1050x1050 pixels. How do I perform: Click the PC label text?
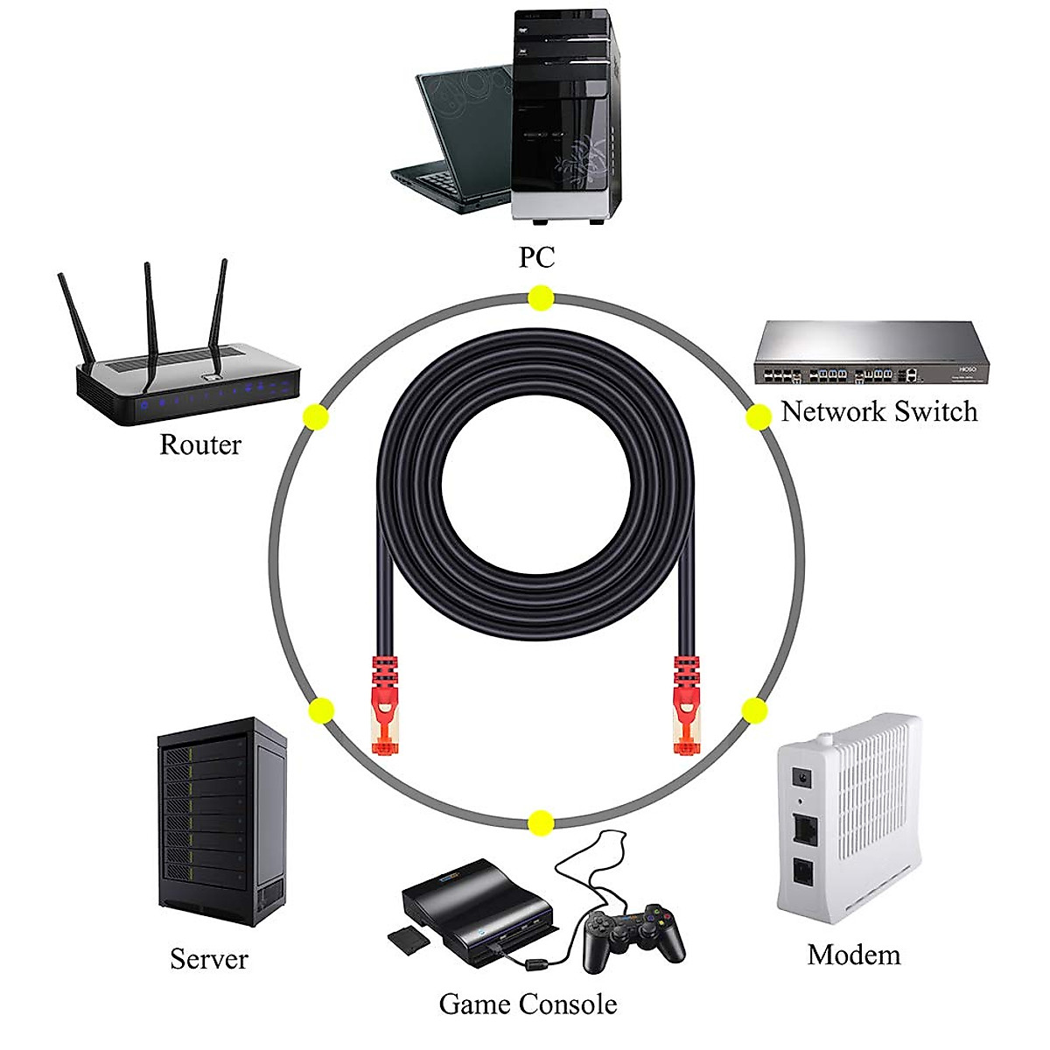536,258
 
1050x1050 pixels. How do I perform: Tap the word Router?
199,444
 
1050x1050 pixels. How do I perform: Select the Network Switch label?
878,411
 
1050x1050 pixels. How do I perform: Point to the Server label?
209,959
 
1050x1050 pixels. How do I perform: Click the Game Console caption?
528,1004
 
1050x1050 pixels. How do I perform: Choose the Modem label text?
853,955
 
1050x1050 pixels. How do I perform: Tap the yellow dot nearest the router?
315,416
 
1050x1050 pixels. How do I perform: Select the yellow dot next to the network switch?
758,417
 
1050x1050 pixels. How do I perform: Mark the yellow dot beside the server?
322,710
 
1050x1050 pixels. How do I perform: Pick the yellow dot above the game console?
541,822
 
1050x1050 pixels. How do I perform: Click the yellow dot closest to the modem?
753,710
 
